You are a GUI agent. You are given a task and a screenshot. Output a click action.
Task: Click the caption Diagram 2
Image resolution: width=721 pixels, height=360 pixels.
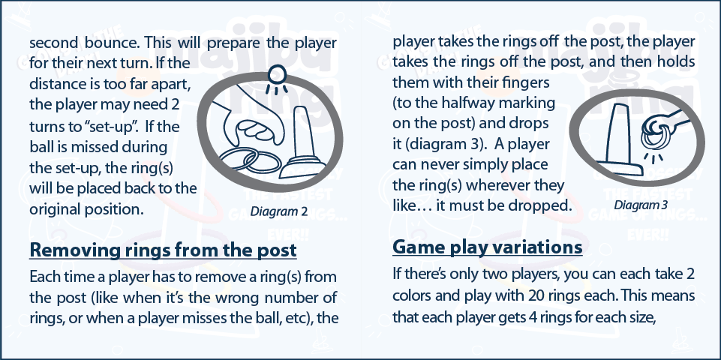278,212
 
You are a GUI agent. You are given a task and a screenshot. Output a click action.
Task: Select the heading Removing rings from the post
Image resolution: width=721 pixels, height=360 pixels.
162,250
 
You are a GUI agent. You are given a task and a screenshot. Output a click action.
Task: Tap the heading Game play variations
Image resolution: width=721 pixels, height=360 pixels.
488,247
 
